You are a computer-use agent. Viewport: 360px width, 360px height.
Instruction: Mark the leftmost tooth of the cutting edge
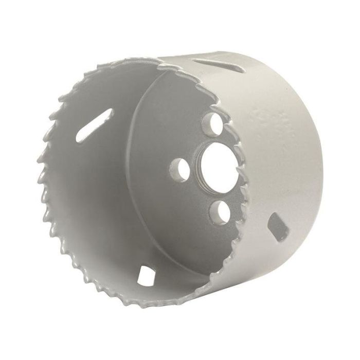pos(37,180)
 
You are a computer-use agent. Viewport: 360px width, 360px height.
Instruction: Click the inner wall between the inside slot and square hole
pos(103,206)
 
